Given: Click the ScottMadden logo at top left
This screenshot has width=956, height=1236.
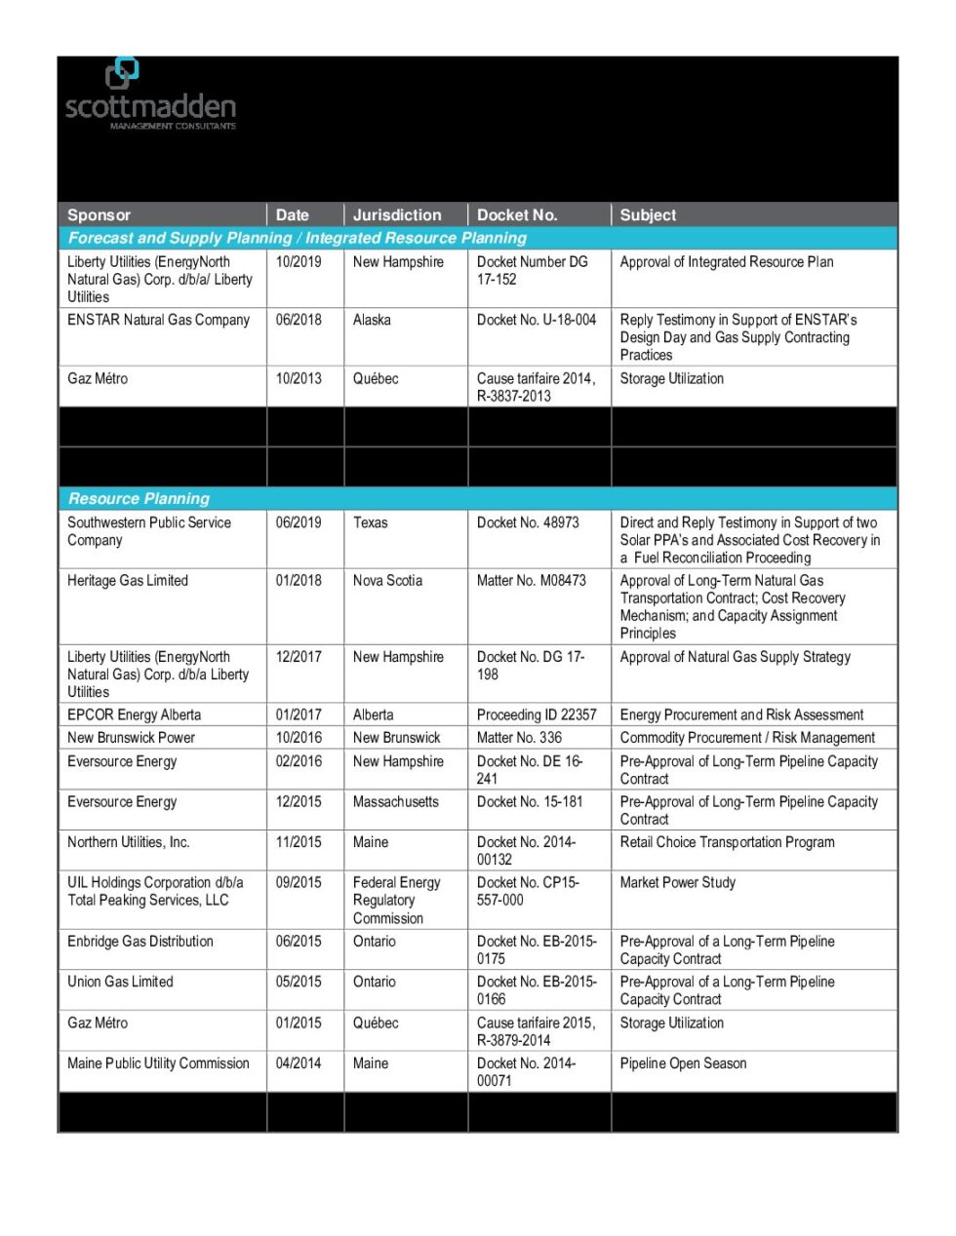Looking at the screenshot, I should (x=150, y=96).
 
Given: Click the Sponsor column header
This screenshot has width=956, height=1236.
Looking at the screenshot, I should (x=99, y=215).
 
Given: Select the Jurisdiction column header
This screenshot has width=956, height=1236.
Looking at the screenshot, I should (x=397, y=215).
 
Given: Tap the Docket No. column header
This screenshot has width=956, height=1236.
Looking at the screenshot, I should (x=517, y=215).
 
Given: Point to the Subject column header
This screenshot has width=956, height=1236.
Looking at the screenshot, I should (x=648, y=215).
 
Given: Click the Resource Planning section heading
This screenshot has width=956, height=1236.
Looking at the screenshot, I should (x=139, y=499).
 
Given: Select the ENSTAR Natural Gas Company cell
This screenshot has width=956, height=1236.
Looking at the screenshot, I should (x=158, y=321).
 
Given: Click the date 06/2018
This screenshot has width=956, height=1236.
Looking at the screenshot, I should (x=299, y=321).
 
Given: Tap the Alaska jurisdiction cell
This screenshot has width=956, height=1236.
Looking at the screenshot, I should (x=372, y=321).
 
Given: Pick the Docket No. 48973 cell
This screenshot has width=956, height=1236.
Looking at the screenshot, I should (x=528, y=523).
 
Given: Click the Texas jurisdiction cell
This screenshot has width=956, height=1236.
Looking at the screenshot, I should (x=371, y=523).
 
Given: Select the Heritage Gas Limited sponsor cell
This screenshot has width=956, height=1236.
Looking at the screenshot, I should (x=128, y=581).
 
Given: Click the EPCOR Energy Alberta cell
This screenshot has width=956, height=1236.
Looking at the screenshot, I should (x=134, y=715).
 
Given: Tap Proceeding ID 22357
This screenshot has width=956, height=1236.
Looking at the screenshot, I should (x=537, y=715).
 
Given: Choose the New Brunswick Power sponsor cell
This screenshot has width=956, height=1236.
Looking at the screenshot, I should (x=131, y=739).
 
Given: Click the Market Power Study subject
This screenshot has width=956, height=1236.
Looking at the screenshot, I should (x=678, y=883).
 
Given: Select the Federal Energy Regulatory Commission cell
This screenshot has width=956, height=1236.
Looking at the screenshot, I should (x=396, y=901).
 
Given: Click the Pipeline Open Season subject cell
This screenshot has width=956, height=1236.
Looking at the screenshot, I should (x=683, y=1064).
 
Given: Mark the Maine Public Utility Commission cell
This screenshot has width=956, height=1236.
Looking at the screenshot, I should (x=158, y=1064).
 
